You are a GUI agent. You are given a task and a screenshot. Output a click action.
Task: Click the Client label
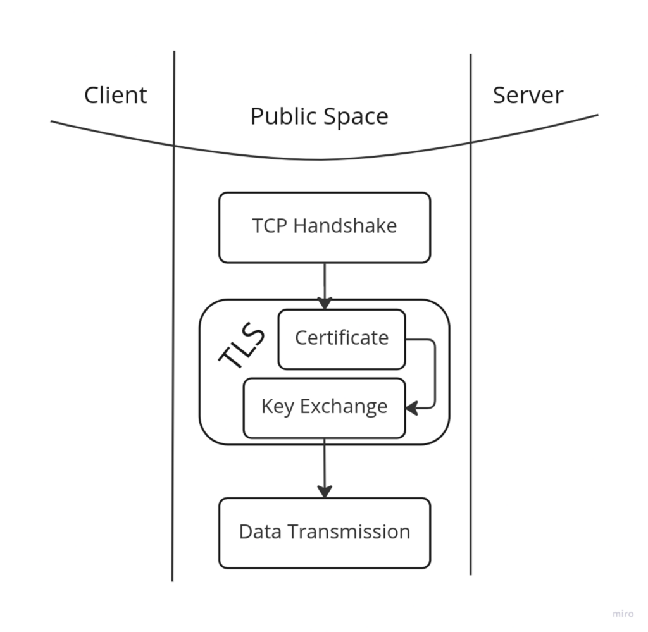point(115,95)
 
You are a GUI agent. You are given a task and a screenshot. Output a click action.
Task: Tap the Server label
point(528,95)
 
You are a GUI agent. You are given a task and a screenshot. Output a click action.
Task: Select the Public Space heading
point(319,116)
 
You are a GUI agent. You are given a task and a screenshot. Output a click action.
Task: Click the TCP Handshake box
point(325,227)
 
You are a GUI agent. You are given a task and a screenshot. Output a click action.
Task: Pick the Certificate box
point(342,338)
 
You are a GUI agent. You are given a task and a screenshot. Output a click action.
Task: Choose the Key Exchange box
point(324,407)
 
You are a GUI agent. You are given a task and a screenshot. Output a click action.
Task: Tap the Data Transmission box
point(325,532)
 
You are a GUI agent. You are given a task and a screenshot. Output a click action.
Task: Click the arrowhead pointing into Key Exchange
point(412,408)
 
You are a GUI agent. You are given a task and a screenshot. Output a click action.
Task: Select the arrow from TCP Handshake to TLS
point(325,285)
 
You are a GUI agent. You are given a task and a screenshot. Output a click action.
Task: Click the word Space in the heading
point(356,116)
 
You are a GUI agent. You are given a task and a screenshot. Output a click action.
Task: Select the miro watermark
point(623,614)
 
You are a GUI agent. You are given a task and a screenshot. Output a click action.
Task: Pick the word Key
point(277,407)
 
